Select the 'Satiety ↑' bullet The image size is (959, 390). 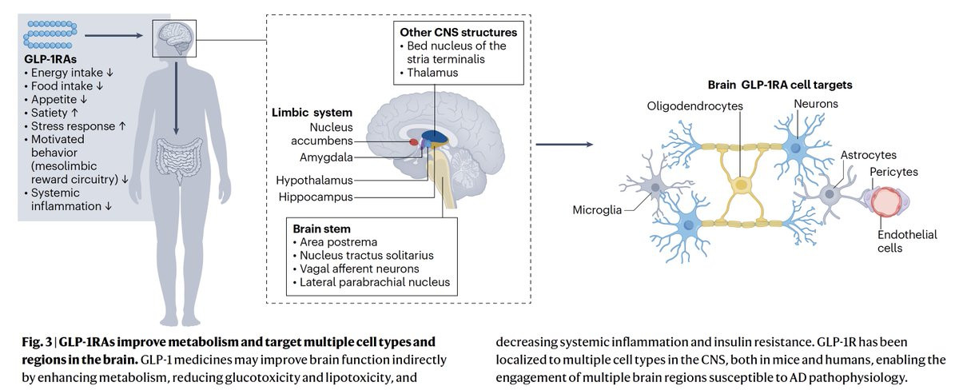pyautogui.click(x=55, y=113)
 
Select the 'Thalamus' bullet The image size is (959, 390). pyautogui.click(x=435, y=74)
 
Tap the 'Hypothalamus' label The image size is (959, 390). pyautogui.click(x=314, y=180)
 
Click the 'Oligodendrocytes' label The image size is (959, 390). pyautogui.click(x=696, y=105)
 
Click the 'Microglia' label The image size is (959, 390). pyautogui.click(x=597, y=210)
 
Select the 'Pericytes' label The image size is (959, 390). pyautogui.click(x=893, y=172)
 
